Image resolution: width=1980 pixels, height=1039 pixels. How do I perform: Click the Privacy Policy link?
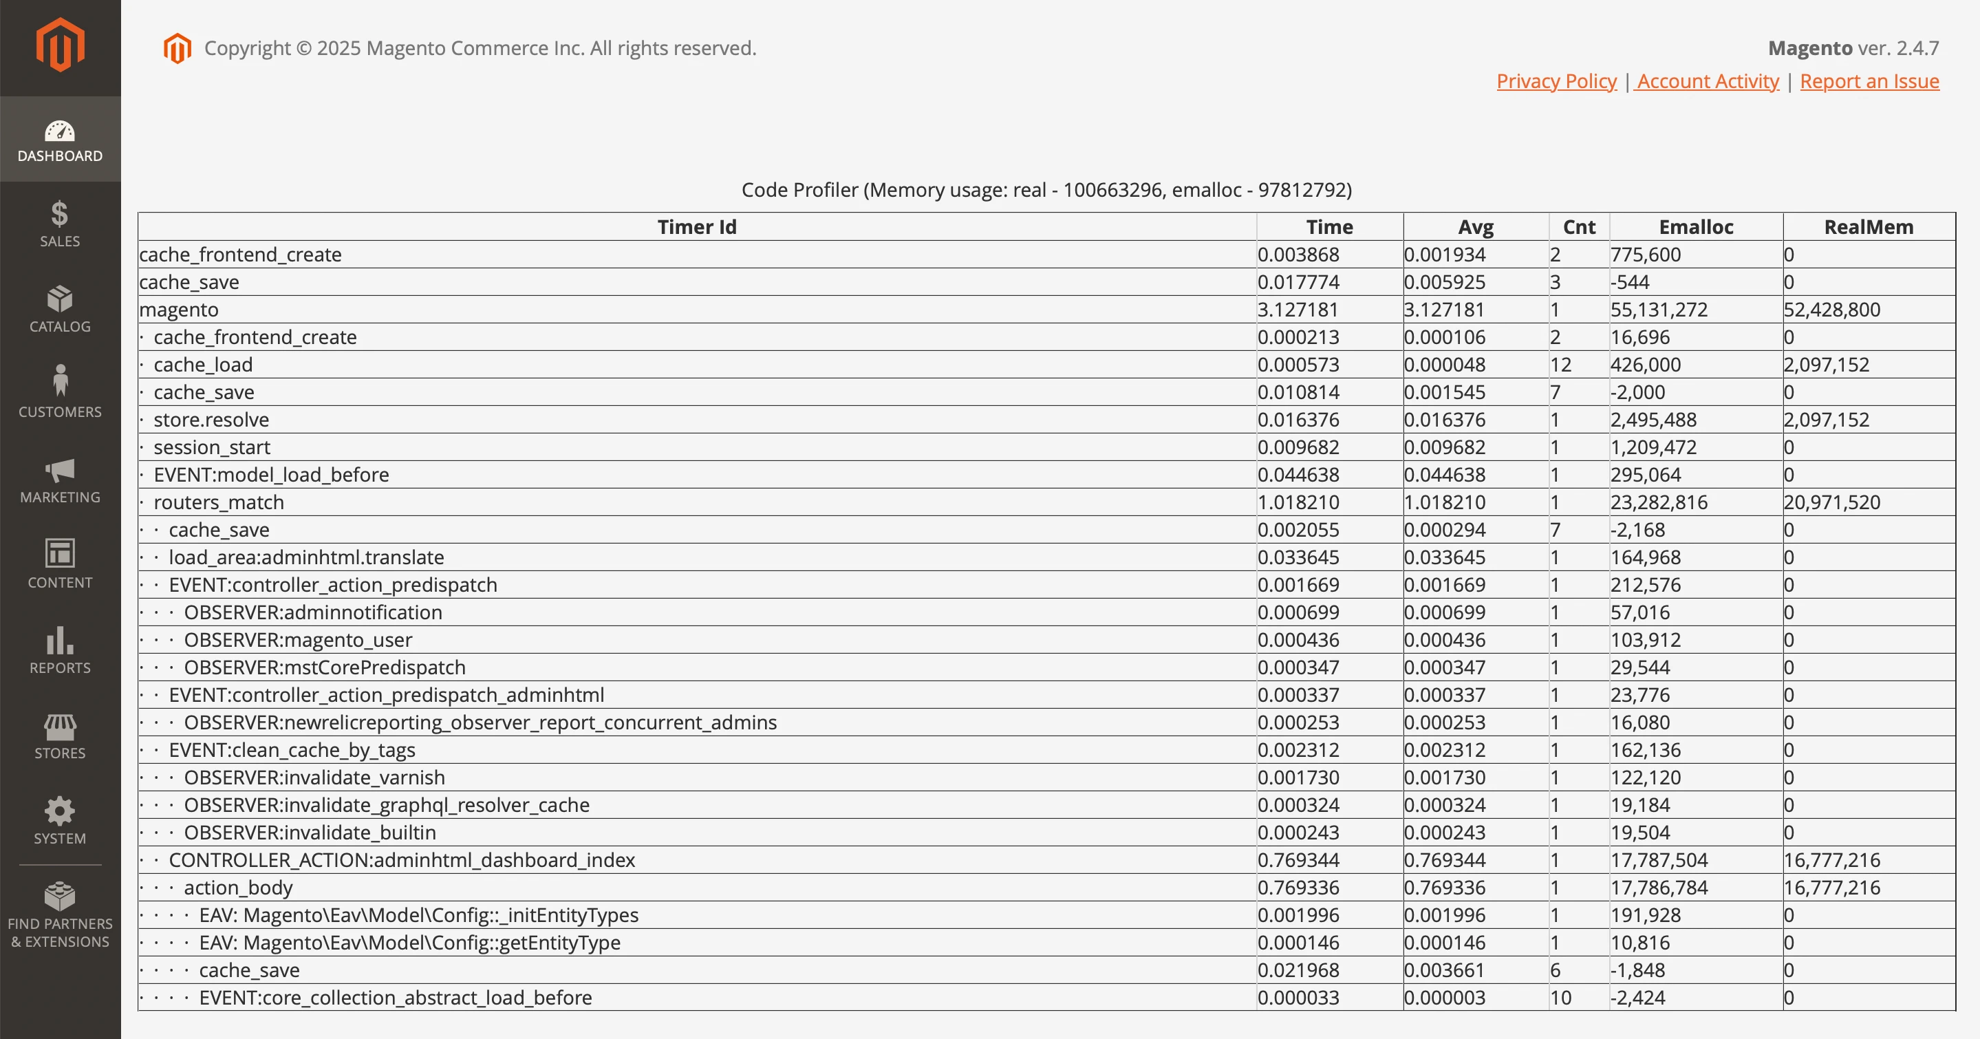pos(1556,81)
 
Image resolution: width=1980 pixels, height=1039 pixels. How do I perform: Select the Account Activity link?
pos(1707,81)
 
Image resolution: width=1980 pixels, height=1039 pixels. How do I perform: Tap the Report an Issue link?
pos(1869,81)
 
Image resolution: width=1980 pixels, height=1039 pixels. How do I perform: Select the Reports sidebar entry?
pos(60,650)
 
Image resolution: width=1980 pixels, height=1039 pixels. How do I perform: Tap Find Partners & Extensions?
pos(60,914)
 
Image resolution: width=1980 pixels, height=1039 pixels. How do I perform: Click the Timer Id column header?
pos(696,226)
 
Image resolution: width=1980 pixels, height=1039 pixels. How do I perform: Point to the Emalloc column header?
pos(1696,226)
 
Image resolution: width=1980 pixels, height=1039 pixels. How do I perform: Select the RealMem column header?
pos(1869,226)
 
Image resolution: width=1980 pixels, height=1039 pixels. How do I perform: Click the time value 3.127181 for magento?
pos(1298,310)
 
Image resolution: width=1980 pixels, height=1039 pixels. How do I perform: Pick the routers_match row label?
pos(219,502)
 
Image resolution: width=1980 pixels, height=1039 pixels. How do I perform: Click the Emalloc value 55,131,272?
pos(1659,310)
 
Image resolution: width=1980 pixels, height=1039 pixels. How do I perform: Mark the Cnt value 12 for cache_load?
pos(1560,365)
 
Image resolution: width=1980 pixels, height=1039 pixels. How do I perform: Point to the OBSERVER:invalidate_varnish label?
pos(314,778)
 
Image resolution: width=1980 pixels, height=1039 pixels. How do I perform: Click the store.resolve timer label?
pos(211,420)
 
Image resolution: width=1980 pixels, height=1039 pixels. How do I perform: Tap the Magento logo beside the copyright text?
pos(177,48)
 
